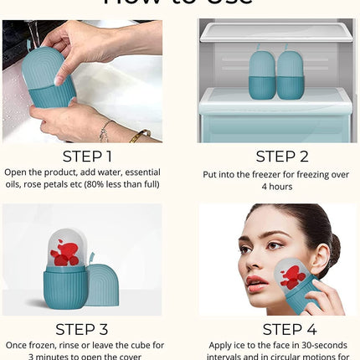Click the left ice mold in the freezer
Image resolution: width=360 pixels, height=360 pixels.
[x=264, y=74]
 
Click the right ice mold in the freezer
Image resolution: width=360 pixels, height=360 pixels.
[x=293, y=74]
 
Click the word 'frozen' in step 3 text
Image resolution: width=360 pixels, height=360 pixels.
[x=47, y=344]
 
